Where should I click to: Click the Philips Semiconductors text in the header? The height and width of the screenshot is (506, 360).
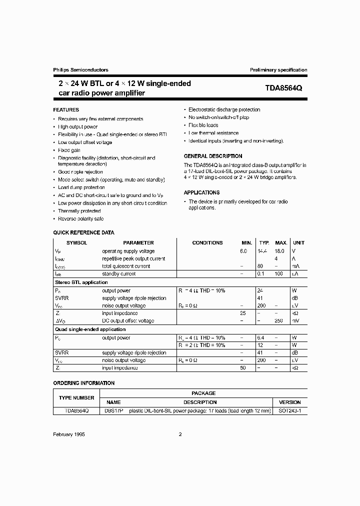tap(80, 70)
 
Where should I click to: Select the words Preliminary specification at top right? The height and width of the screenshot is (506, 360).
tap(278, 70)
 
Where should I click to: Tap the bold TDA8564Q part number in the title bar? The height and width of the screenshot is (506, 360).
tap(283, 88)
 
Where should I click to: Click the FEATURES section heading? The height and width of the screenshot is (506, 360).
tap(66, 109)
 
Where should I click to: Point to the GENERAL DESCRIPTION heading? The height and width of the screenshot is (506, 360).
tap(213, 156)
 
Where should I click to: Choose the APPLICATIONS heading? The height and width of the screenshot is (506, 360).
tap(201, 192)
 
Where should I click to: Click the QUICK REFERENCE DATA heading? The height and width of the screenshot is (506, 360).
tap(83, 232)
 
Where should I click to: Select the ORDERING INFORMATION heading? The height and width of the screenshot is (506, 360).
tap(83, 383)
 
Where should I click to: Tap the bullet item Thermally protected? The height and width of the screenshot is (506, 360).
tap(79, 211)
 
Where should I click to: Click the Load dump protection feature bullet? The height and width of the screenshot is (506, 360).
tap(81, 187)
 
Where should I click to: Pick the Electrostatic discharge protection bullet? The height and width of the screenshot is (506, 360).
tap(224, 109)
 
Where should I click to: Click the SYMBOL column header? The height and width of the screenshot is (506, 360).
tap(77, 242)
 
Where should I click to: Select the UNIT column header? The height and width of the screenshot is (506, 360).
tap(298, 242)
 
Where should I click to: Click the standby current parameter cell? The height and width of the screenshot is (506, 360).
tap(118, 274)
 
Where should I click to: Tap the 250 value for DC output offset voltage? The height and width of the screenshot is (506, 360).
tap(278, 320)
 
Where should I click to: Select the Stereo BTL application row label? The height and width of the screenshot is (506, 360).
tap(80, 282)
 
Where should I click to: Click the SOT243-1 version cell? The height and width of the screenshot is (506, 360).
tap(289, 410)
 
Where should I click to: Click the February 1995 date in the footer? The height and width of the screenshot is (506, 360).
tap(69, 434)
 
